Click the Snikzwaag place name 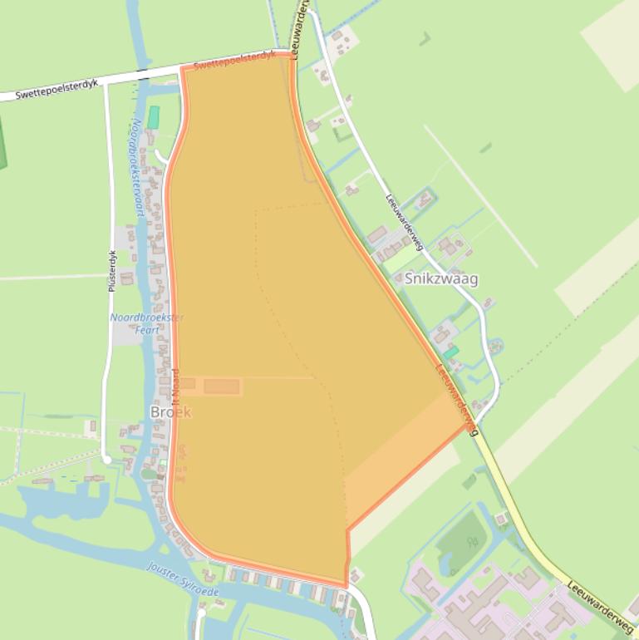tap(441, 279)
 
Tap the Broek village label tap(170, 412)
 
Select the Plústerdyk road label tap(112, 271)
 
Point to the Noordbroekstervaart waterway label tap(138, 166)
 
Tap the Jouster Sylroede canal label tap(183, 578)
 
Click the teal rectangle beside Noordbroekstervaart tap(153, 117)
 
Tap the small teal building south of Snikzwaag tap(450, 353)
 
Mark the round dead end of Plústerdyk tap(106, 459)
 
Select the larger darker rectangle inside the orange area tap(222, 386)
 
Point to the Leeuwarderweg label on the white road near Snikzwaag tap(405, 222)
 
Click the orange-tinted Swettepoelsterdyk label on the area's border tap(234, 61)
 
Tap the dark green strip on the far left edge tap(2, 141)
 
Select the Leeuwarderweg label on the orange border tap(458, 399)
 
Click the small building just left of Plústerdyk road tap(89, 428)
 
